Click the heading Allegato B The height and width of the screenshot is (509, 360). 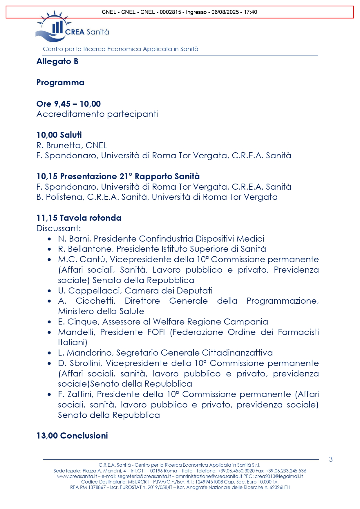tap(57, 61)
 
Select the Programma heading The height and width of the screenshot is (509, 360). tap(60, 83)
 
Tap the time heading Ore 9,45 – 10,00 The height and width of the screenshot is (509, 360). tap(68, 104)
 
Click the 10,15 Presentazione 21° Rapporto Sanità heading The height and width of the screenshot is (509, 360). tap(118, 176)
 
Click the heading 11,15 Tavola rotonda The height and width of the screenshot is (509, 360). tap(79, 218)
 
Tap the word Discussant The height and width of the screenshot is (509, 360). tap(58, 228)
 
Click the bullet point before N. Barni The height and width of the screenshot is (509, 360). tap(50, 239)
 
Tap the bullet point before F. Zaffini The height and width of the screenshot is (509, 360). tap(50, 395)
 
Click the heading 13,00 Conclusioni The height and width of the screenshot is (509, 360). tap(72, 436)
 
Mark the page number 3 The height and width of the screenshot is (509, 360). tap(331, 459)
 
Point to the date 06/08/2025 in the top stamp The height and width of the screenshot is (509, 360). tap(225, 12)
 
